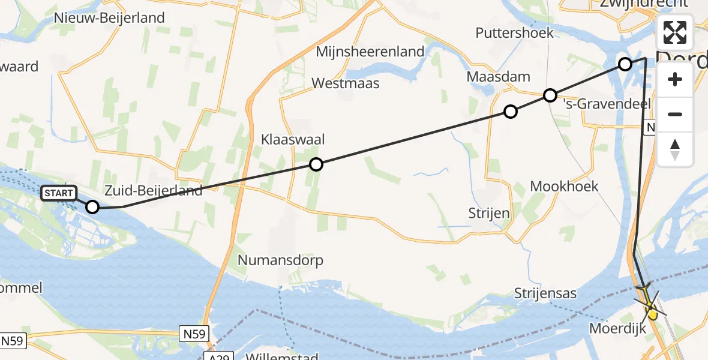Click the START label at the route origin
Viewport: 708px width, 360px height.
pos(59,193)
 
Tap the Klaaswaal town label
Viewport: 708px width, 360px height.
pos(293,140)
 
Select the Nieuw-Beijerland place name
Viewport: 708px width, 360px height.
pos(109,18)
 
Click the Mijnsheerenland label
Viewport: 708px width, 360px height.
pos(370,52)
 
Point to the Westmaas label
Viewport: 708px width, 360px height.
pos(346,83)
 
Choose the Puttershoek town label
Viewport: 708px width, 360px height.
pos(515,32)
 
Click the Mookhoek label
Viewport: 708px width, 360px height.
pos(564,187)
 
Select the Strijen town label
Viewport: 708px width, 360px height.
pos(490,213)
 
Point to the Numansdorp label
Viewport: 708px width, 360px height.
pos(280,260)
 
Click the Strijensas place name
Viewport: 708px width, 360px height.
pos(545,293)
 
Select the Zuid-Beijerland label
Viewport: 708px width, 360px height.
pos(153,191)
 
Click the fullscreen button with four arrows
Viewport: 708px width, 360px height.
pos(675,32)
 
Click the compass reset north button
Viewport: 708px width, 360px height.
pos(675,149)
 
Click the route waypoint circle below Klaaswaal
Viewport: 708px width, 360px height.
pos(316,164)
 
